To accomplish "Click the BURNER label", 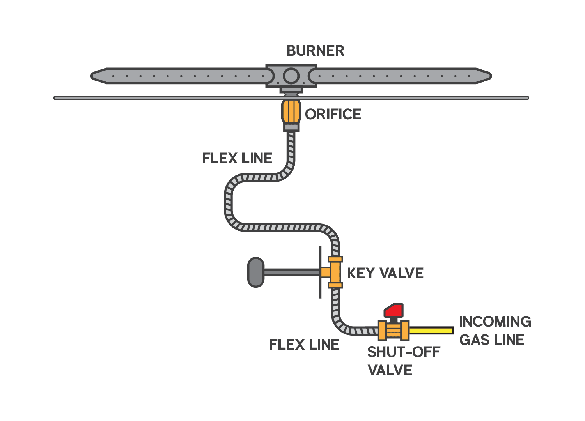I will click(316, 51).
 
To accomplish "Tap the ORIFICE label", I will click(333, 114).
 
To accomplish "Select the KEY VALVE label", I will click(385, 273).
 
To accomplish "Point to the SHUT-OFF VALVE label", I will click(403, 361).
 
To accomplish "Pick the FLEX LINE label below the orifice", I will click(237, 158).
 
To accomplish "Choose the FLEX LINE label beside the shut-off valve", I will click(304, 345).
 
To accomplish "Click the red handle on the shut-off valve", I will click(394, 310).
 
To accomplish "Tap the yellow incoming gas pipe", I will click(431, 331).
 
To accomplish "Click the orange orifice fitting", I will click(291, 112).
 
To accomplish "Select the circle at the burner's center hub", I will click(291, 76).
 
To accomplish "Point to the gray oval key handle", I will click(256, 272).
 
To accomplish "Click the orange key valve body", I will click(335, 272).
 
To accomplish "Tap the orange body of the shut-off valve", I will click(394, 331).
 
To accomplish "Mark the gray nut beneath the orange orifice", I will click(291, 127).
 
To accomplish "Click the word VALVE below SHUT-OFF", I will click(390, 370).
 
